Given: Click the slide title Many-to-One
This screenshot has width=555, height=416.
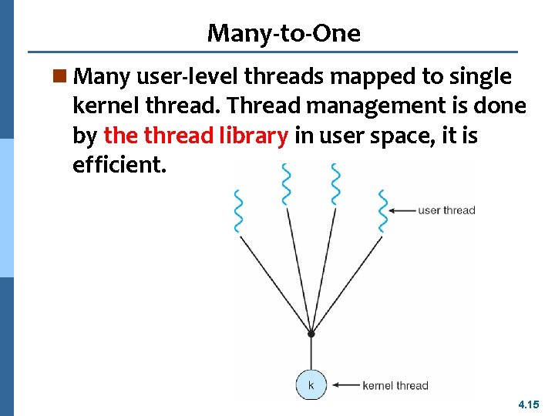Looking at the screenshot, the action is [283, 33].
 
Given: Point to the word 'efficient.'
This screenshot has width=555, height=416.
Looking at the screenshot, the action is [119, 165].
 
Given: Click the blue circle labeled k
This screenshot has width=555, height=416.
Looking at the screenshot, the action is [311, 384].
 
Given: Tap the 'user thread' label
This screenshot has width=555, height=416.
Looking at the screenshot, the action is [446, 210].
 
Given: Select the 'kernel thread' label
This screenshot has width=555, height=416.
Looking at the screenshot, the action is [395, 385].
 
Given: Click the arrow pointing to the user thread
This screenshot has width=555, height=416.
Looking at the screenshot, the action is [402, 210].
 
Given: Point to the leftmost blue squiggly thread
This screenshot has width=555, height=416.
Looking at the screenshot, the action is [238, 209].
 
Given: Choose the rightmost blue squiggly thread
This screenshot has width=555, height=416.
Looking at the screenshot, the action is [382, 209].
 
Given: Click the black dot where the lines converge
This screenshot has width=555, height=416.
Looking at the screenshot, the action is [311, 334].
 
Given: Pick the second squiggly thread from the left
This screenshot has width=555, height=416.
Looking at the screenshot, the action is [286, 186].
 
